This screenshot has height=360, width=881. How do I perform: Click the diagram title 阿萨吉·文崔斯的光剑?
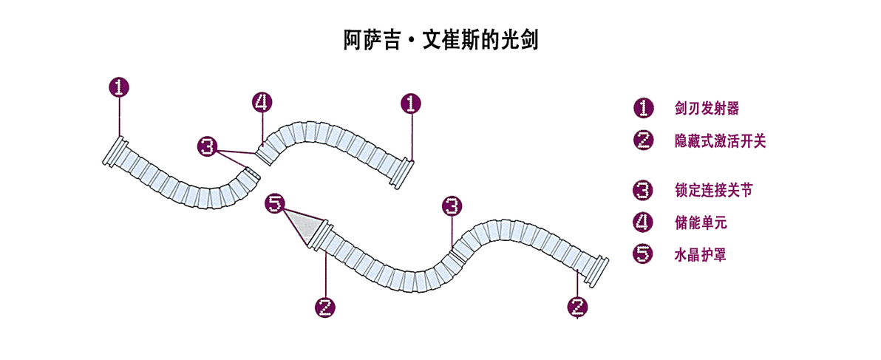tap(441, 40)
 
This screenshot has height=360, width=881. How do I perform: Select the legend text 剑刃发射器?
tap(707, 109)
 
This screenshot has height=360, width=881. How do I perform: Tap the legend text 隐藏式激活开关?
tap(720, 141)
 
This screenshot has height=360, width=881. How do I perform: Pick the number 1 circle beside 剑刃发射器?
tap(643, 109)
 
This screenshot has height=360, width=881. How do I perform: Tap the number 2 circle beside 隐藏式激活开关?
tap(643, 141)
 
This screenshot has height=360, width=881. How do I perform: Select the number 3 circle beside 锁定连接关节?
tap(643, 191)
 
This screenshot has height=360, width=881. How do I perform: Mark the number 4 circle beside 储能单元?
tap(643, 223)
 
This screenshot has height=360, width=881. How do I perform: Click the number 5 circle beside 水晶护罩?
tap(643, 254)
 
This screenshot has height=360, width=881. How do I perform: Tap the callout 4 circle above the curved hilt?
tap(262, 103)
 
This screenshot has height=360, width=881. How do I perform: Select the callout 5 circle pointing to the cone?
tap(275, 204)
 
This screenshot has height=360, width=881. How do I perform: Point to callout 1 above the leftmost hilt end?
tap(119, 87)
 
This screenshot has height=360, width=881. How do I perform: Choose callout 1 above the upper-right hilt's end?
tap(411, 103)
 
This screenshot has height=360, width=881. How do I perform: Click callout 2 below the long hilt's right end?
tap(578, 307)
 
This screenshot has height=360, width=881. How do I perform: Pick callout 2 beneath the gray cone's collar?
tap(324, 307)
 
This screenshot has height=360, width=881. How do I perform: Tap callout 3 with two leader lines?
tap(208, 147)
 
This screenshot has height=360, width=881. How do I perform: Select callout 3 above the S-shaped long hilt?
tap(452, 206)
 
